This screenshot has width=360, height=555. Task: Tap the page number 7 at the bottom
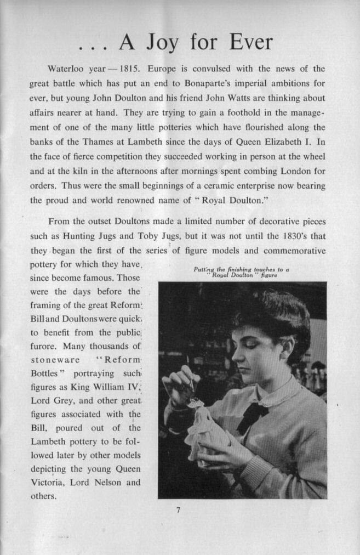pos(178,510)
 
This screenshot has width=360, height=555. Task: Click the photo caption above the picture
pos(242,272)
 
